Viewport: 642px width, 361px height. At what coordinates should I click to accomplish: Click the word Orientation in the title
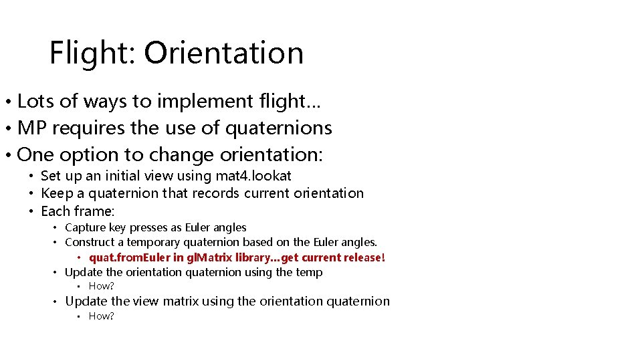(x=223, y=53)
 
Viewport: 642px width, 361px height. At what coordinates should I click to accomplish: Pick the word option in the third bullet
(x=83, y=155)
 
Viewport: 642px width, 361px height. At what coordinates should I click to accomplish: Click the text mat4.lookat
(x=253, y=176)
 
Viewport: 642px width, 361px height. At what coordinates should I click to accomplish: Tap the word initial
(x=116, y=176)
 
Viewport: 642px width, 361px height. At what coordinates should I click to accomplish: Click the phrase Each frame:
(x=78, y=211)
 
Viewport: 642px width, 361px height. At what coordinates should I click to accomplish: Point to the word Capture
(x=85, y=228)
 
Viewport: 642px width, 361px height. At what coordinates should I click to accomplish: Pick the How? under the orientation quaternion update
(x=102, y=287)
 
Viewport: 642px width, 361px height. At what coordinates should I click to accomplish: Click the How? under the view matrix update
(x=102, y=316)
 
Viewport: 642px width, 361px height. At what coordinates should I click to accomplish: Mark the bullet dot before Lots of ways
(x=6, y=103)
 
